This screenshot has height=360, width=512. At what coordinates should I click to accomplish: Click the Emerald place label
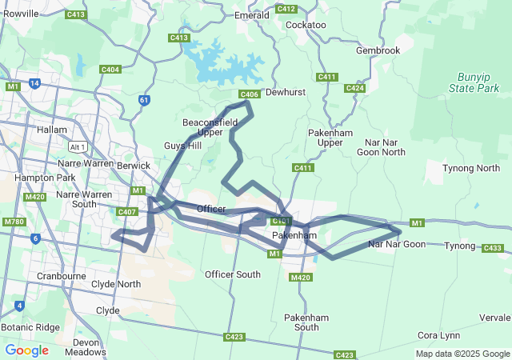[251, 15]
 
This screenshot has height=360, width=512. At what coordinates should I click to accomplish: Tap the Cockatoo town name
[306, 25]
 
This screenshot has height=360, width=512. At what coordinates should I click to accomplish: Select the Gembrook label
[378, 50]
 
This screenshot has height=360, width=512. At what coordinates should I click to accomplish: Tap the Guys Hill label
[183, 146]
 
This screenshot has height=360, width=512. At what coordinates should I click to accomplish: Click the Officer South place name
[232, 274]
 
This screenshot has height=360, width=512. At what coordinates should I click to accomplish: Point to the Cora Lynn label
[438, 334]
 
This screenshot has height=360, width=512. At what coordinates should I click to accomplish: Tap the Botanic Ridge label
[30, 327]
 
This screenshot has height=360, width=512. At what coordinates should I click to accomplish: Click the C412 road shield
[286, 9]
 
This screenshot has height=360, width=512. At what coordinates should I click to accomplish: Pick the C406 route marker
[249, 94]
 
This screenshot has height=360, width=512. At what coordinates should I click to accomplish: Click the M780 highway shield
[14, 222]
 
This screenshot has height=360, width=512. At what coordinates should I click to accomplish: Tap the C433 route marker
[494, 249]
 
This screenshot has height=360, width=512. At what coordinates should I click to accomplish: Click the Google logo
[26, 350]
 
